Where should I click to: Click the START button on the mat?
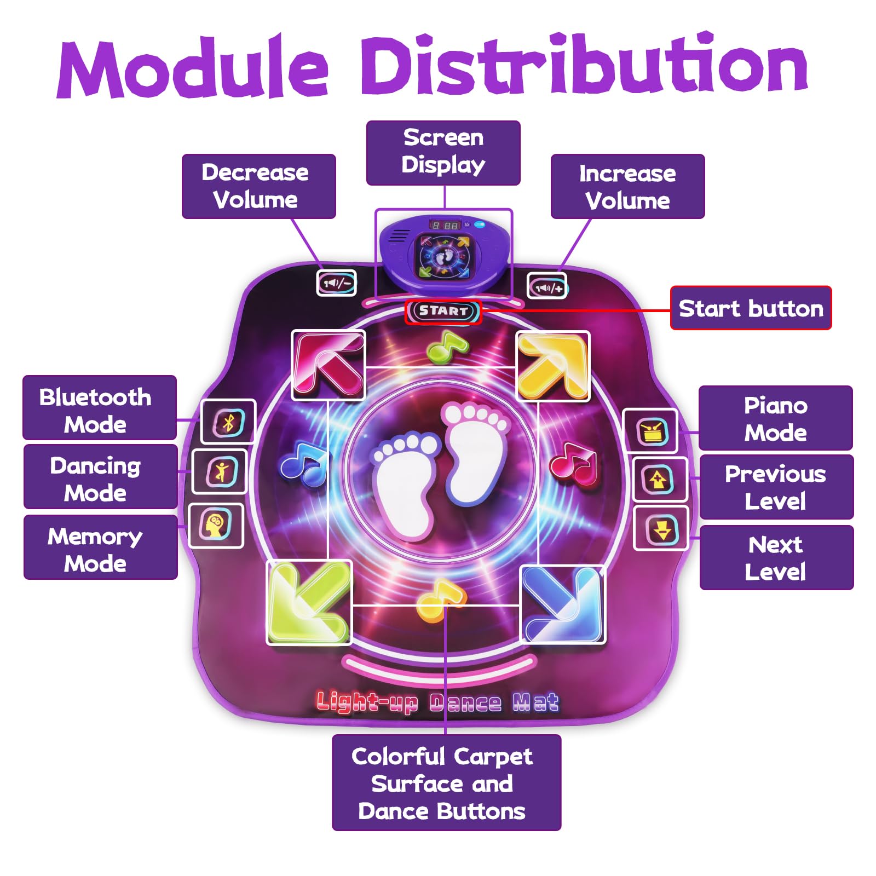443,312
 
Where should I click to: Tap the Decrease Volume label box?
258,186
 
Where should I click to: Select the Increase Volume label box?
627,187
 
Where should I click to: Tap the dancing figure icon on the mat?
221,471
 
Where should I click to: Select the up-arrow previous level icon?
659,480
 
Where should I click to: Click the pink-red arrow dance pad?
328,365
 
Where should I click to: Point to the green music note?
447,348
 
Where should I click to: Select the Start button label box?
751,308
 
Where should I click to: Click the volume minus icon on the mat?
337,283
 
